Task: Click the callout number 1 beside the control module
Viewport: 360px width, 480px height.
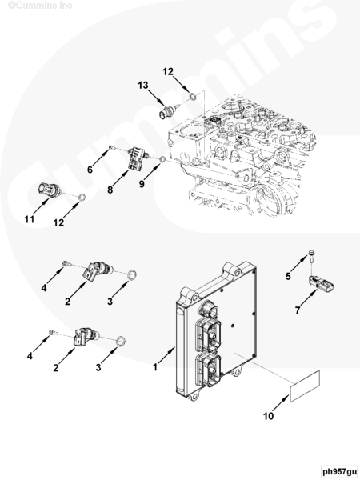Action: tap(155, 367)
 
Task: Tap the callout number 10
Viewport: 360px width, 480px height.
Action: tap(268, 416)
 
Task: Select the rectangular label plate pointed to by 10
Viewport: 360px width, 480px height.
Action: tap(305, 386)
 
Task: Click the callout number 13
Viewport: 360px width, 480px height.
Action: tap(143, 85)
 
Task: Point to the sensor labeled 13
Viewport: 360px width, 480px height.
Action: tap(167, 111)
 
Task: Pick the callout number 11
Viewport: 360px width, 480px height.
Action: tap(29, 219)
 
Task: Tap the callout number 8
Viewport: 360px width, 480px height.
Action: tap(110, 190)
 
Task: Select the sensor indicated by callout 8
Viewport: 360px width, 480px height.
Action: tap(137, 158)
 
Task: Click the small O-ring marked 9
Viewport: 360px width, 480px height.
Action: tap(163, 159)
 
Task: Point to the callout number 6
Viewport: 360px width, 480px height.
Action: tap(90, 170)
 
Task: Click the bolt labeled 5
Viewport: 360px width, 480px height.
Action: tap(311, 257)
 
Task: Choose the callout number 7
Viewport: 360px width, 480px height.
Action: tap(298, 310)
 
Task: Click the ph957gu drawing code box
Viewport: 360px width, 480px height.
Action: tap(340, 471)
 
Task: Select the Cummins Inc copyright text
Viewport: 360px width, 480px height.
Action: tap(40, 5)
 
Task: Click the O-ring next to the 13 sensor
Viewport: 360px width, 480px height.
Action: tap(193, 97)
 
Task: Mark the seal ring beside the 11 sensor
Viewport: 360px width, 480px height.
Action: tap(82, 198)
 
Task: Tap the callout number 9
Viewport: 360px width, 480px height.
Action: tap(142, 184)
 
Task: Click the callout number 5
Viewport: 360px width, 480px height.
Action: tap(288, 276)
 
